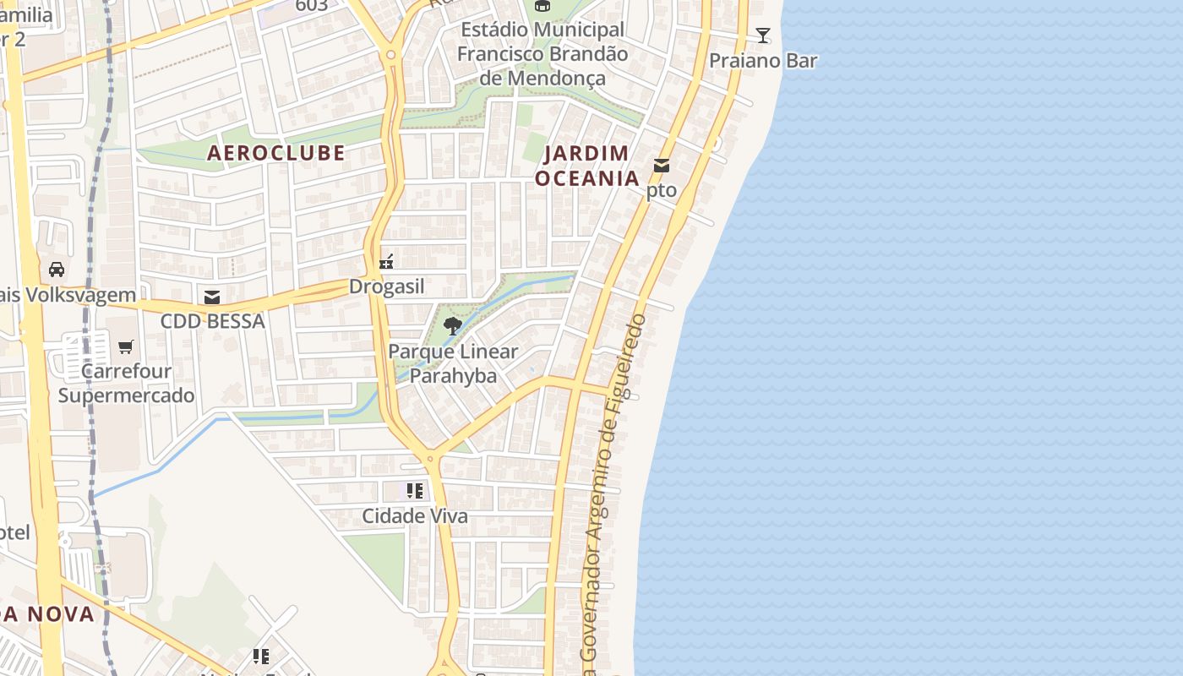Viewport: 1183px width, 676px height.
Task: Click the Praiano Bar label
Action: click(x=763, y=61)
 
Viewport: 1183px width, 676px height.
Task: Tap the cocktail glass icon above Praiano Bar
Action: click(x=763, y=35)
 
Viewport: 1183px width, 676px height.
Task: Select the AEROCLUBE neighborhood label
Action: click(x=276, y=153)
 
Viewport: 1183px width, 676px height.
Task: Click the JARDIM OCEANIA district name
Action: click(x=587, y=166)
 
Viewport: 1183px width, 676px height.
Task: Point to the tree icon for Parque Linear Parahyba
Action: click(x=453, y=326)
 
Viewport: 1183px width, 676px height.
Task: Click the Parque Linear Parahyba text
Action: click(x=453, y=363)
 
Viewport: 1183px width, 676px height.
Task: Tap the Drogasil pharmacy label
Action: click(x=387, y=287)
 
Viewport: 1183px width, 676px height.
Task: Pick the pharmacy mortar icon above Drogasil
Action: click(x=387, y=262)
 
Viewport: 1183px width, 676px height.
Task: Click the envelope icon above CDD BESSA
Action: click(x=212, y=297)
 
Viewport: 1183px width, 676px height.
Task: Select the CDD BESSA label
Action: click(x=212, y=321)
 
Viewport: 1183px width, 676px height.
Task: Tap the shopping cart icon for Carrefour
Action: click(x=126, y=346)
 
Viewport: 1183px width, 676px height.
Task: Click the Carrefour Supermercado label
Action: click(x=126, y=383)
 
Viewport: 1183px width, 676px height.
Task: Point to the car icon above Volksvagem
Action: click(x=57, y=270)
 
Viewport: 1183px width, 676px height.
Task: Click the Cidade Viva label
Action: click(x=414, y=516)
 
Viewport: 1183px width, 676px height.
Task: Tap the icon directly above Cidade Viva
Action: click(x=414, y=491)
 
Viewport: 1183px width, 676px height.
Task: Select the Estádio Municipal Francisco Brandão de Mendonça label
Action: click(x=542, y=54)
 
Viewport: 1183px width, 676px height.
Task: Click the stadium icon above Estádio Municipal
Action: click(x=542, y=6)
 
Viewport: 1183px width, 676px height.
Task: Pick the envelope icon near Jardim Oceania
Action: click(x=662, y=166)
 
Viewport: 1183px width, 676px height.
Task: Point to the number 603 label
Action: click(x=312, y=6)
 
